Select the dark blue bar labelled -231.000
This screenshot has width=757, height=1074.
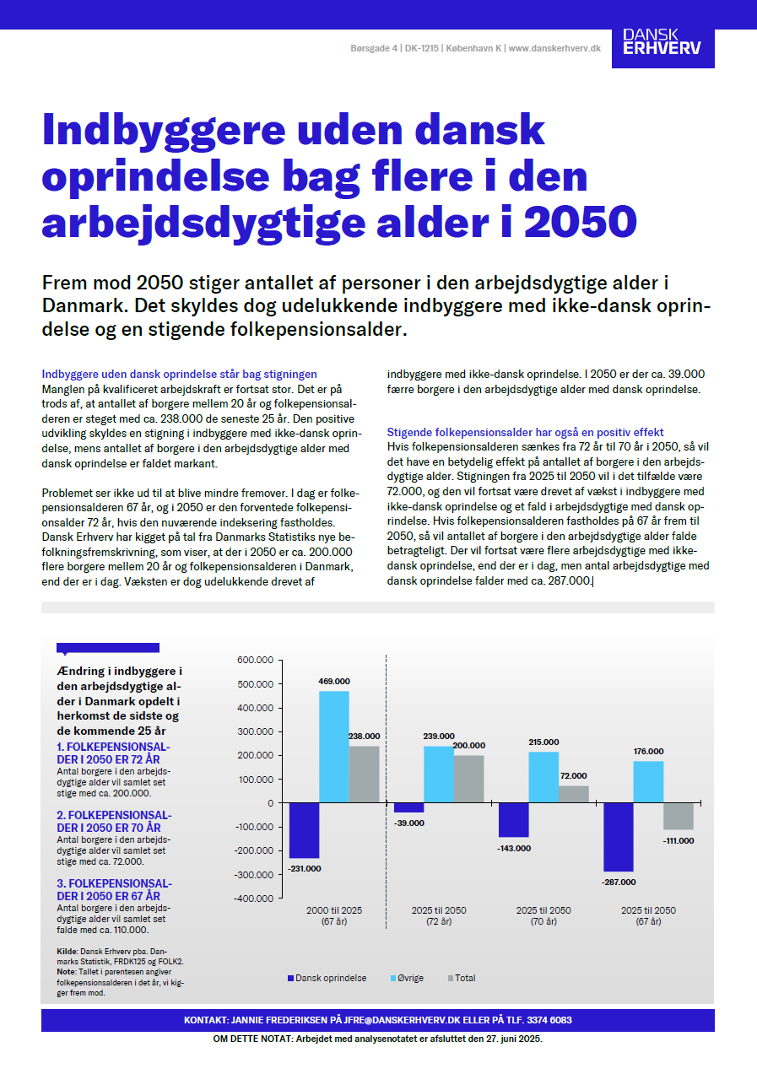click(304, 830)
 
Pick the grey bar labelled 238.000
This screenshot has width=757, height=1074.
click(364, 774)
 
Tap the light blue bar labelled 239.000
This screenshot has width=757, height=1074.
click(439, 774)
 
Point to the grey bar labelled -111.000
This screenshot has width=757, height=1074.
click(678, 816)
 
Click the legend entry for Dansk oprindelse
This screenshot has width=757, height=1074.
click(327, 978)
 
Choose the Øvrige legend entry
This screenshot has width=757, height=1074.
click(408, 978)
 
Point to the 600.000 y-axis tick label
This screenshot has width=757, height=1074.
click(255, 660)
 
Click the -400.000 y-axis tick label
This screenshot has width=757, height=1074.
click(253, 899)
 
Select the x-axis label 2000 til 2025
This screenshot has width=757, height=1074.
click(334, 910)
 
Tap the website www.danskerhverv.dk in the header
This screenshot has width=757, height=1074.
click(554, 49)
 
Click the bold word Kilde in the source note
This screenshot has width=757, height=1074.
click(67, 951)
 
